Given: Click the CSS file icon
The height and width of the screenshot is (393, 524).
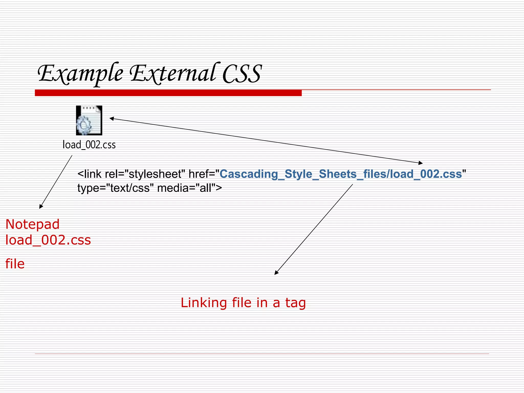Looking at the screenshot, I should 89,120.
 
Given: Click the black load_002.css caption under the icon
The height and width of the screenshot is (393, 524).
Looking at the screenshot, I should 89,145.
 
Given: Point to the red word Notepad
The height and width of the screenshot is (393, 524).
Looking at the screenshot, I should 32,224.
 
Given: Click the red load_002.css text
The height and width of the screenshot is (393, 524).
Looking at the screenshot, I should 48,240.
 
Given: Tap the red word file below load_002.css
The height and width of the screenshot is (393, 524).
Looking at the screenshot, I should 15,264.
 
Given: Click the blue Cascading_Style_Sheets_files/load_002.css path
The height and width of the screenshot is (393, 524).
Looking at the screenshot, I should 341,174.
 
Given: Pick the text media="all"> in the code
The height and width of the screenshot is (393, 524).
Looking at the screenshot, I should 190,188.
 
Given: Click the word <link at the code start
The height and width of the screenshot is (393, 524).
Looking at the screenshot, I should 90,174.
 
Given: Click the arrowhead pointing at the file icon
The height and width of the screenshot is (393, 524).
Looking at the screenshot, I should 111,118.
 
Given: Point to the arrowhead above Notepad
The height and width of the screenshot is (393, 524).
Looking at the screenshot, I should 41,207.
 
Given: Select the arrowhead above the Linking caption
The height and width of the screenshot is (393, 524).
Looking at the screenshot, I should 276,273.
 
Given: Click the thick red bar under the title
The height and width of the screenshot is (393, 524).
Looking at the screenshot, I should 168,93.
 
